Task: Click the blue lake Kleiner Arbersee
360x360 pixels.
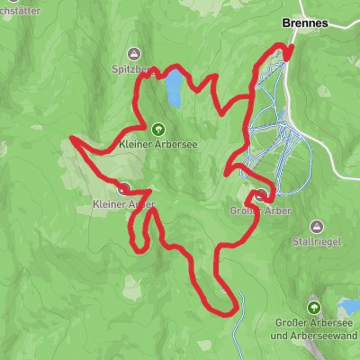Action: tap(169, 89)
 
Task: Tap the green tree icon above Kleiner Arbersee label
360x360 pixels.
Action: tap(158, 128)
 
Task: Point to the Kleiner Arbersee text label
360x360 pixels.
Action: tap(158, 142)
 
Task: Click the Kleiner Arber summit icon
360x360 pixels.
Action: tap(123, 189)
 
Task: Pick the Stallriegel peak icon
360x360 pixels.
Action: tap(315, 226)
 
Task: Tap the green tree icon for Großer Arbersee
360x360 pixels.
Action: tap(314, 306)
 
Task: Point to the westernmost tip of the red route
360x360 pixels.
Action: tap(71, 139)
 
